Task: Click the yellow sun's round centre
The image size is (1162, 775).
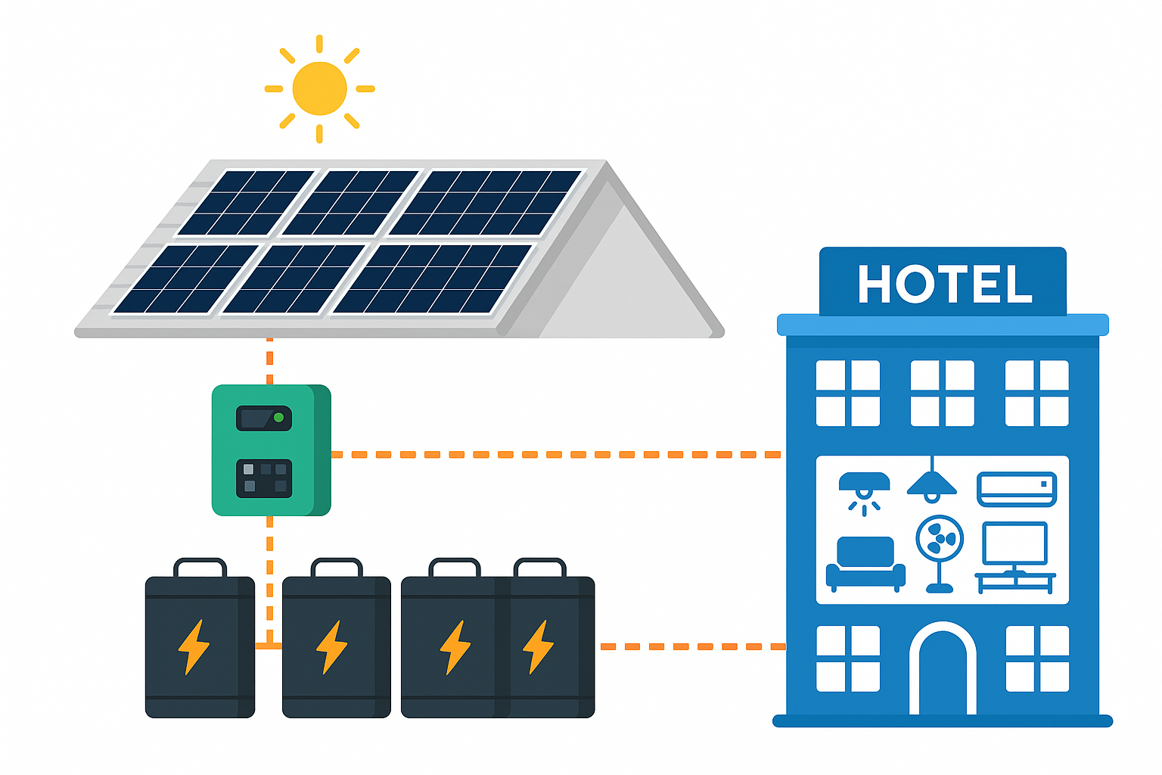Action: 319,89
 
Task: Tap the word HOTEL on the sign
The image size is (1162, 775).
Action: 944,285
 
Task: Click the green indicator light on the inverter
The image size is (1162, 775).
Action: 278,418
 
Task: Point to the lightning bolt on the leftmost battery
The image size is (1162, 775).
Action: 194,646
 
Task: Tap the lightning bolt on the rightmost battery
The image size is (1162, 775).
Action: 538,646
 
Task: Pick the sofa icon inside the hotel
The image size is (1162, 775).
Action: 865,563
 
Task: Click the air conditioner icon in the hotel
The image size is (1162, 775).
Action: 1017,489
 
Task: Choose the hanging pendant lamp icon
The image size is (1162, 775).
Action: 932,483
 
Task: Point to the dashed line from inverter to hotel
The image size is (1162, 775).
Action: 555,455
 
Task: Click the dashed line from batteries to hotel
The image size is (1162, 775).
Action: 691,646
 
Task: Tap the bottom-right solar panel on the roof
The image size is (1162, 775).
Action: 433,279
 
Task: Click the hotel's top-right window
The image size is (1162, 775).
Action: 1036,393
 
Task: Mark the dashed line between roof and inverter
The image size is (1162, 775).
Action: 270,361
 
